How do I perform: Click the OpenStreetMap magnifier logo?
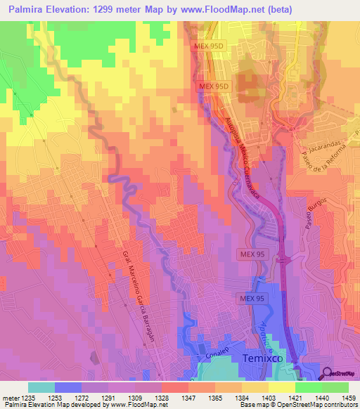point(328,373)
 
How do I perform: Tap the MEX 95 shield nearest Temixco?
point(251,299)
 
